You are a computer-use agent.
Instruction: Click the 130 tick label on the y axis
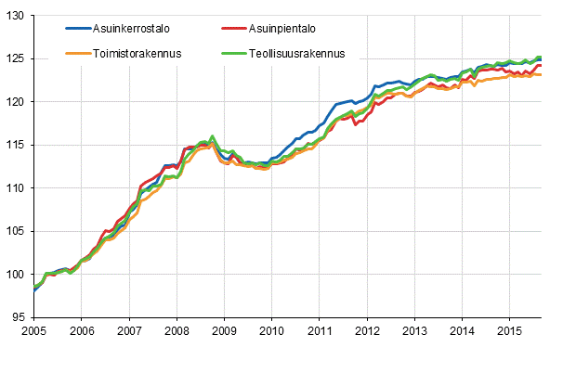click(17, 16)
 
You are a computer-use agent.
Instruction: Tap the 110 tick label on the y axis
click(17, 188)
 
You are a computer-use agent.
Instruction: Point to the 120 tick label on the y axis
click(17, 102)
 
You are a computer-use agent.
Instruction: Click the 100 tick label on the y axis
click(17, 275)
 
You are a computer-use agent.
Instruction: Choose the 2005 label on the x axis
click(33, 331)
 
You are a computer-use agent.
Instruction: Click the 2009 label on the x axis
click(224, 331)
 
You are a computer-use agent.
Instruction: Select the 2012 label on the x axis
click(367, 331)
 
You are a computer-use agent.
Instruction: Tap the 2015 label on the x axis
click(509, 331)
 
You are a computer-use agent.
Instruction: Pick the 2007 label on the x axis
click(128, 331)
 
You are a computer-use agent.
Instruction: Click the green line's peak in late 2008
click(213, 135)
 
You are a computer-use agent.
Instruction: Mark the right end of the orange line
click(542, 75)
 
